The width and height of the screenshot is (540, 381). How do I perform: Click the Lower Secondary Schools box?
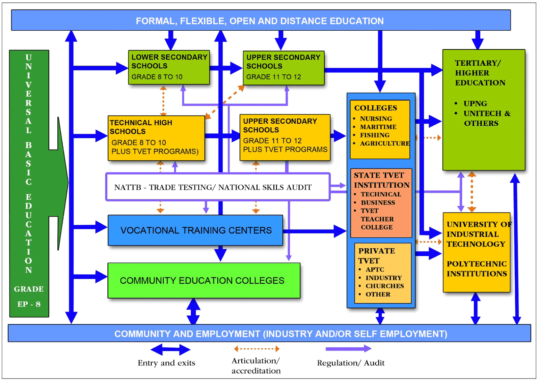click(169, 67)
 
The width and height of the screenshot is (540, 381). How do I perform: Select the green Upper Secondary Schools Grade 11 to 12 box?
click(283, 67)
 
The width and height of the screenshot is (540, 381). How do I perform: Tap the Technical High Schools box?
click(156, 138)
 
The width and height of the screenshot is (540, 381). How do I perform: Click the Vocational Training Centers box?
click(195, 230)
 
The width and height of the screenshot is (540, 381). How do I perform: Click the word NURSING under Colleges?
click(376, 119)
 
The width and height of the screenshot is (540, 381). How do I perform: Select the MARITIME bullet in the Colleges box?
click(378, 127)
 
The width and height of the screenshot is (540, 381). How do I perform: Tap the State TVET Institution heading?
click(381, 180)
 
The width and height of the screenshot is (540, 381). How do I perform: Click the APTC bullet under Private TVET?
click(375, 269)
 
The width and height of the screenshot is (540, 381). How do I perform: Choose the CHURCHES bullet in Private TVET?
click(384, 286)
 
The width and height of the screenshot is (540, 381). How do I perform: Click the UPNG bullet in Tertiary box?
click(475, 103)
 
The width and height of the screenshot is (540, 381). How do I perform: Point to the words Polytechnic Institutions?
click(477, 268)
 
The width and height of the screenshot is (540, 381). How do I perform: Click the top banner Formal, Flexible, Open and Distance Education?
click(260, 21)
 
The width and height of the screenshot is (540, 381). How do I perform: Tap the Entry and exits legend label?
click(166, 363)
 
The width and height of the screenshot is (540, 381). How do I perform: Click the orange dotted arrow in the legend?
click(256, 349)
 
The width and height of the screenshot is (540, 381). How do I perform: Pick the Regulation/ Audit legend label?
click(351, 363)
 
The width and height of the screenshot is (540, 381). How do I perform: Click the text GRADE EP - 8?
click(29, 296)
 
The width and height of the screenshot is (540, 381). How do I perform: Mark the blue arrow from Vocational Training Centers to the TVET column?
click(314, 231)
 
